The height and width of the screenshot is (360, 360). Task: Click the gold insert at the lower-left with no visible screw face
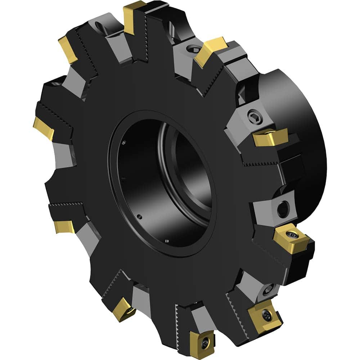[64, 226]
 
